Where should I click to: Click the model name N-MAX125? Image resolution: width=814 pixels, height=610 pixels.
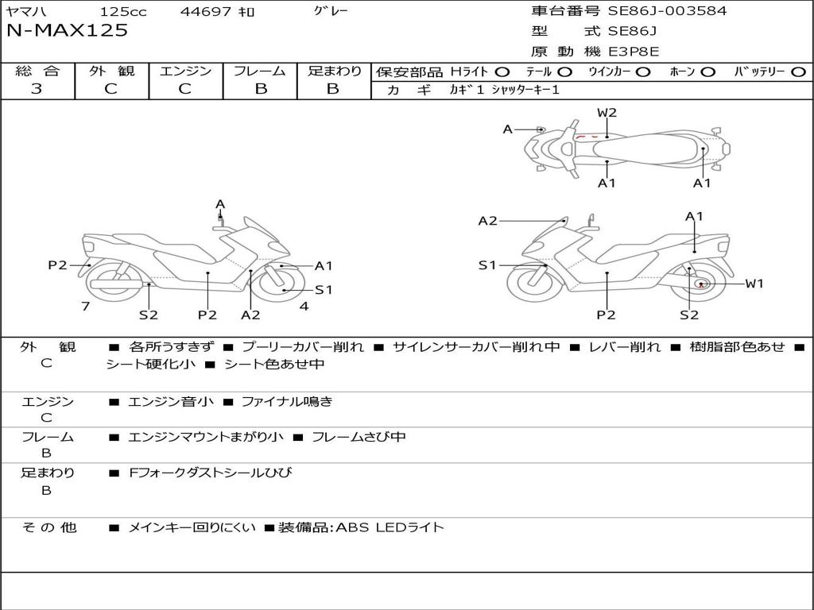68,31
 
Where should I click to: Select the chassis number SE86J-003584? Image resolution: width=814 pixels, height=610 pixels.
667,11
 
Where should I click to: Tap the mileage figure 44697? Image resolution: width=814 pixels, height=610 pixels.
206,12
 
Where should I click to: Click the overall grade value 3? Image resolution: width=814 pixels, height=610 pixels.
37,89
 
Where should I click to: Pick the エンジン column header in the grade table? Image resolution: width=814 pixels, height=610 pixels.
186,71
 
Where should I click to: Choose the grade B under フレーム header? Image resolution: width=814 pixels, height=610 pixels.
261,89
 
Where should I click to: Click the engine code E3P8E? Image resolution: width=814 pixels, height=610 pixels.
634,52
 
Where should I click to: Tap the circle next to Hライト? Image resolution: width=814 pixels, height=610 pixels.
502,71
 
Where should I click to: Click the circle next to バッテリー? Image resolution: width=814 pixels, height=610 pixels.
798,71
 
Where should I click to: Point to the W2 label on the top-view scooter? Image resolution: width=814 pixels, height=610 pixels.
607,113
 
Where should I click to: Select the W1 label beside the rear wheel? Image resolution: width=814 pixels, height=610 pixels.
754,284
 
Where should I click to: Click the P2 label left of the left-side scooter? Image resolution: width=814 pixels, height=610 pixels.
57,265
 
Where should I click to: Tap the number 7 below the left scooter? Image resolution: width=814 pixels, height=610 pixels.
85,306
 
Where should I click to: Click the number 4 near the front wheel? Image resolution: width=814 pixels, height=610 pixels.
304,306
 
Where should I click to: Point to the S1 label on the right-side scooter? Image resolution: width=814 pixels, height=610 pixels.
487,265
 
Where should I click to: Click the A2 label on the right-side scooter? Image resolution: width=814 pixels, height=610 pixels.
487,221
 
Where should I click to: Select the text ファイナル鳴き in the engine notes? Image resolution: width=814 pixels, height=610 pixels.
286,402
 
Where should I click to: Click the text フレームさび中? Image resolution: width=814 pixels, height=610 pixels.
359,437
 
